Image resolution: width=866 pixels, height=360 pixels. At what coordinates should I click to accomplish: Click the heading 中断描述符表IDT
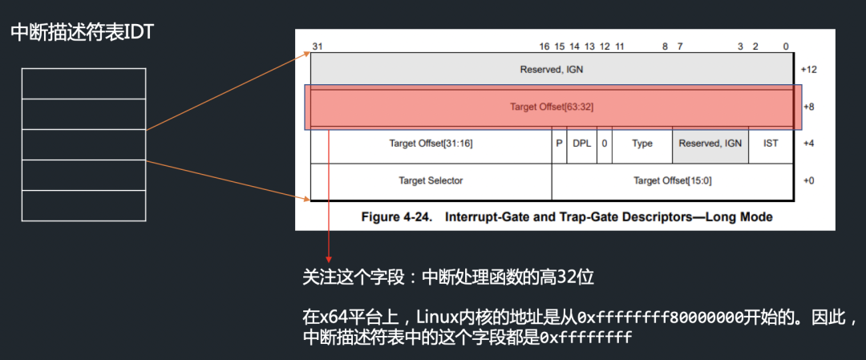point(83,33)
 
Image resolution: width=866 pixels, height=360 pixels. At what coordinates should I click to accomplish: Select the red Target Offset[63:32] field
point(552,107)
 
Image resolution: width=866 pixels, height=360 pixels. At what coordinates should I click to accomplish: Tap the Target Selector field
point(431,180)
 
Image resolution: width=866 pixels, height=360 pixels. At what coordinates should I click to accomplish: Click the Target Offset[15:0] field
point(672,180)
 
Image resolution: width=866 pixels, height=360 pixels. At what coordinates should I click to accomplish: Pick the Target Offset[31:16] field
point(431,144)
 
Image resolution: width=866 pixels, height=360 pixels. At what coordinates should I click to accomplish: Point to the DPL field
point(582,144)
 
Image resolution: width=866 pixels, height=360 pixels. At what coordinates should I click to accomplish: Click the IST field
point(771,144)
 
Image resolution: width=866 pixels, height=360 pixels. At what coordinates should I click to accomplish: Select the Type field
point(642,144)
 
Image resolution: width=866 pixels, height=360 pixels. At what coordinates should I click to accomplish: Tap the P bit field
point(560,144)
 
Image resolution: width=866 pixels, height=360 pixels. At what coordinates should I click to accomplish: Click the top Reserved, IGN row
point(552,70)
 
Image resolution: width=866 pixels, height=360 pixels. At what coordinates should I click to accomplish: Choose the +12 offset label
point(807,70)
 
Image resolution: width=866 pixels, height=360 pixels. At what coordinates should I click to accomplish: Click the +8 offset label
point(808,107)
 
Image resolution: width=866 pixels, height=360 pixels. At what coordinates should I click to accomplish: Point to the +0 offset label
point(807,180)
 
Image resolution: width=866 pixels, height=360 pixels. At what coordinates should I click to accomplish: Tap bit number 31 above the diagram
point(317,47)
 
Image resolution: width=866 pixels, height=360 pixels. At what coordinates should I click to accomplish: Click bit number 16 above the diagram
point(544,47)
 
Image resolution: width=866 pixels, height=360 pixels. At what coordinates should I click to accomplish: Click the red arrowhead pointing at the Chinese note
point(330,259)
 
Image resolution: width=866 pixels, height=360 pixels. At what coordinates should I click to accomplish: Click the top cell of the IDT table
point(84,83)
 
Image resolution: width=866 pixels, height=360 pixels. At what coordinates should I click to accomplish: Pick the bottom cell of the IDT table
point(84,205)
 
